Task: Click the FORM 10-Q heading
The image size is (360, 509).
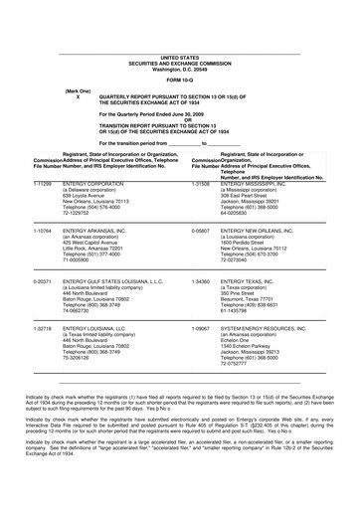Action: coord(178,52)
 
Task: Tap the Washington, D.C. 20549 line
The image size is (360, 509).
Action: coord(178,42)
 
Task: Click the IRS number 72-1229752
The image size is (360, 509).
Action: coord(83,185)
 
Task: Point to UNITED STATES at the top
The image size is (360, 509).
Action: coord(178,30)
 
